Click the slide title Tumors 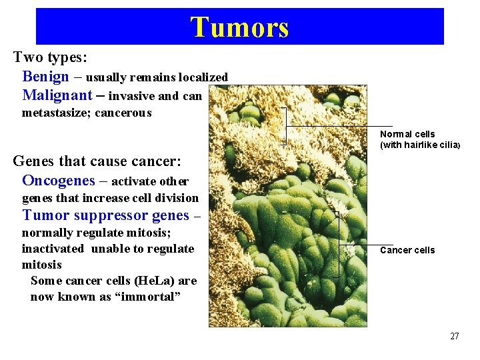pos(239,27)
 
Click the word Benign pos(45,77)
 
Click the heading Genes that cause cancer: pos(97,161)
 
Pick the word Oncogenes pos(58,181)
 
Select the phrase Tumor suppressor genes pos(106,215)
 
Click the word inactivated pos(53,249)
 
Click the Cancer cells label pos(407,251)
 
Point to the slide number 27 pos(454,336)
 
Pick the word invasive pos(132,96)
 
